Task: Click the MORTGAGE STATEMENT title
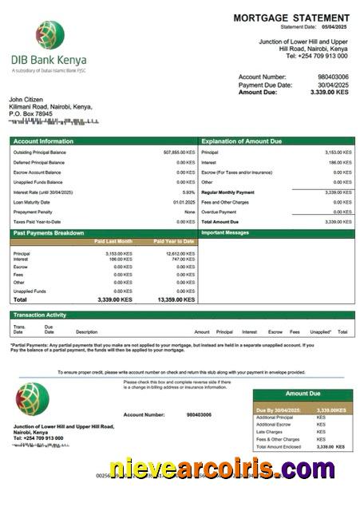click(291, 18)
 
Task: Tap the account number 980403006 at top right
click(332, 77)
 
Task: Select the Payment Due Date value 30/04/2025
click(332, 85)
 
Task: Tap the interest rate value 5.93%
click(188, 192)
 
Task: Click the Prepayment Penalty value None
click(189, 212)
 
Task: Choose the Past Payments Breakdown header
click(49, 232)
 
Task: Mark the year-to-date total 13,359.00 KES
click(176, 299)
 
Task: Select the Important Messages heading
click(227, 232)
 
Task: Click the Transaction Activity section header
click(40, 315)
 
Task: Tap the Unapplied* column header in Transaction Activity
click(320, 331)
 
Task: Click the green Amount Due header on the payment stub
click(303, 394)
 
